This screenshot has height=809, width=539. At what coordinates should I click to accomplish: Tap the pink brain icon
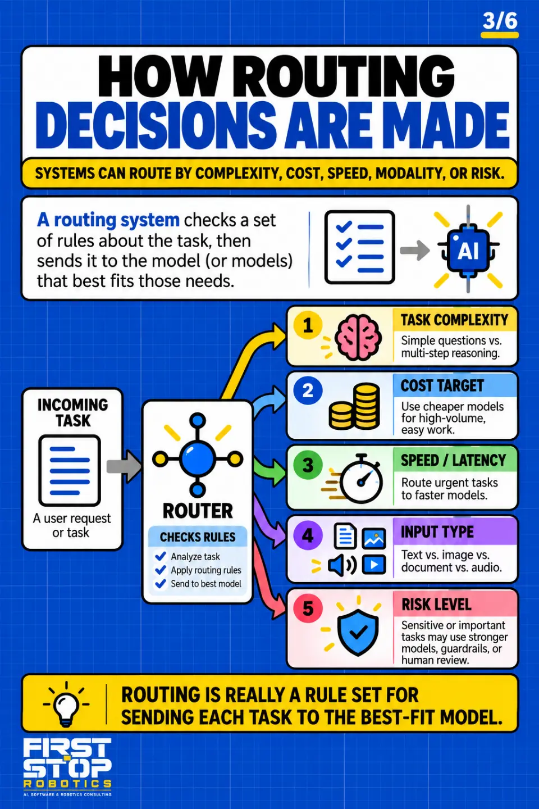coord(358,337)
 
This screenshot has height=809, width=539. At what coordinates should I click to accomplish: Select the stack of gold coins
coord(354,406)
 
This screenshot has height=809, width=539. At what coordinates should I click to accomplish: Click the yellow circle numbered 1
coord(308,325)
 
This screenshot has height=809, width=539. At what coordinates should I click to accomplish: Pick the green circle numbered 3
coord(308,465)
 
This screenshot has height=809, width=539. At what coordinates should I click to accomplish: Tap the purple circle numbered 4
coord(308,535)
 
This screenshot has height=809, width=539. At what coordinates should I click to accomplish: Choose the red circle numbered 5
coord(308,608)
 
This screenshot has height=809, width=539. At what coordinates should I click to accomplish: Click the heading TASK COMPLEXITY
coord(454,320)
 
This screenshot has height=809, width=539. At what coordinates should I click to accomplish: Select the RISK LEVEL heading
coord(436,605)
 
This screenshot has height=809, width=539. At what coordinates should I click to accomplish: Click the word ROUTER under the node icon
coord(198,511)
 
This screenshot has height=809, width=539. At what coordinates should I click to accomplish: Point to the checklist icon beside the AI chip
coord(359,247)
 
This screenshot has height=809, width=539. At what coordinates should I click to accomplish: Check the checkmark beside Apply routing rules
coord(160,570)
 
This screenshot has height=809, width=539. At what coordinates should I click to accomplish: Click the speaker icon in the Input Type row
coord(342,565)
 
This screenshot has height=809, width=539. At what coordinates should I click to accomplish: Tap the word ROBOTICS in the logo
coord(67,784)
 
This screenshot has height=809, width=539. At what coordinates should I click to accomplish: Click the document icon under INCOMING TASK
coord(70,471)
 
